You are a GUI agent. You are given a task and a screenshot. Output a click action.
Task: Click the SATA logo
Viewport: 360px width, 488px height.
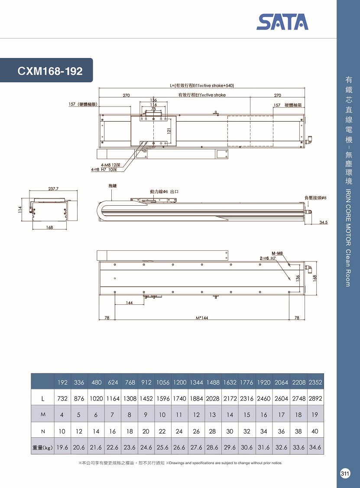[282, 22]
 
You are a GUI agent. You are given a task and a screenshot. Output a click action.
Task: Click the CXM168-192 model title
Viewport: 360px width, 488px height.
[50, 71]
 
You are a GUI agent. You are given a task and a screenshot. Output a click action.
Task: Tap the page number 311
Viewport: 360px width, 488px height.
[345, 474]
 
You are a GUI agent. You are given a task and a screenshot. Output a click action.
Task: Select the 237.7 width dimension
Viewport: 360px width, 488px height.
[53, 189]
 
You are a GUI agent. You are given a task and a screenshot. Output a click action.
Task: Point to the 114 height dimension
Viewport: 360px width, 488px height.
[20, 210]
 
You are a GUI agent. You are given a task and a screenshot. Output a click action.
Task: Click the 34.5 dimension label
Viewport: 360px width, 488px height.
[323, 222]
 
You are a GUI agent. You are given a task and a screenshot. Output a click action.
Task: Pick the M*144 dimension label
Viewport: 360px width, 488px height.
[202, 318]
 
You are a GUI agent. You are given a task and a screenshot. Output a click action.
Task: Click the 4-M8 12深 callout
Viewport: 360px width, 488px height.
[110, 165]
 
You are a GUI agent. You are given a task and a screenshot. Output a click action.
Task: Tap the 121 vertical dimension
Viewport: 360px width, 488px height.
[169, 131]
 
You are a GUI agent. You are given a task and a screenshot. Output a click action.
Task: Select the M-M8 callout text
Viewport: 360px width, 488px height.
[277, 253]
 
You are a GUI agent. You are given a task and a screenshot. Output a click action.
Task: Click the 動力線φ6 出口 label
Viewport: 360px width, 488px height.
[164, 191]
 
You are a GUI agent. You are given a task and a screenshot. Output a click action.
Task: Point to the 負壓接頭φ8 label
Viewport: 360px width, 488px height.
[315, 197]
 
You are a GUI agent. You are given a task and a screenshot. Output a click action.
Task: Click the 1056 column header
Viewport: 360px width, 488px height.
[163, 382]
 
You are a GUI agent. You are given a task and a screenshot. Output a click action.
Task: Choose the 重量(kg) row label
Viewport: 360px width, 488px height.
[42, 448]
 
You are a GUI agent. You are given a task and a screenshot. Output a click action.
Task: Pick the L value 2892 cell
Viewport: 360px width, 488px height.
[315, 398]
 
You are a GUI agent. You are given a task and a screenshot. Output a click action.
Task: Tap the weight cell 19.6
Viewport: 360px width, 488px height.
[62, 447]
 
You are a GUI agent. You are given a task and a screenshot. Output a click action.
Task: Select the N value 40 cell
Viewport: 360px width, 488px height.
[315, 431]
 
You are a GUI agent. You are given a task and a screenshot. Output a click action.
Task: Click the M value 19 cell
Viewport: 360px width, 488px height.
[315, 414]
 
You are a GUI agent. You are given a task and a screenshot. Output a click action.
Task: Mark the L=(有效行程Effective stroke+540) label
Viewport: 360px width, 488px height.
[202, 85]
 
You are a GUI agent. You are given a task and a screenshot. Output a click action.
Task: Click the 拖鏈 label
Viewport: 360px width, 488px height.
[113, 185]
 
